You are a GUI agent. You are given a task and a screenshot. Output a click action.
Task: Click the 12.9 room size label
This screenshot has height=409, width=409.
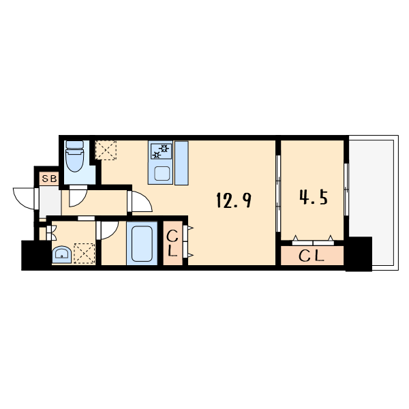[x=234, y=200]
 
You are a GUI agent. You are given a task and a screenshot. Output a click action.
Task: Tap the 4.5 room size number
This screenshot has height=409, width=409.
[x=314, y=197]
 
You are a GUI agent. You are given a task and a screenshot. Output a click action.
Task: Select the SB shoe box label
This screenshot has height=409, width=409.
[x=49, y=179]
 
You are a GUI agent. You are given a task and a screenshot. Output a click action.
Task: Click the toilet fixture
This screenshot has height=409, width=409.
[x=74, y=156]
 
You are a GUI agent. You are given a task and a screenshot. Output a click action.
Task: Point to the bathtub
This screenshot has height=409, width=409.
[x=142, y=243]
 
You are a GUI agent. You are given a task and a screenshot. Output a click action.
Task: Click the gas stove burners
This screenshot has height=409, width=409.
[x=161, y=151]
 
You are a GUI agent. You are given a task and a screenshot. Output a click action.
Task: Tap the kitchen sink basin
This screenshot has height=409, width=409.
[x=162, y=173]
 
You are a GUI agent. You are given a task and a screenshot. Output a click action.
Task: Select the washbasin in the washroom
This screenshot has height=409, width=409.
[x=61, y=254]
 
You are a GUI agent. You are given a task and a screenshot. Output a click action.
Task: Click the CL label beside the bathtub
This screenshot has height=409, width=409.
[x=172, y=243]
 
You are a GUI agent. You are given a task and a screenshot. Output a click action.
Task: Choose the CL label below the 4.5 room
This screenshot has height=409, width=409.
[x=312, y=256]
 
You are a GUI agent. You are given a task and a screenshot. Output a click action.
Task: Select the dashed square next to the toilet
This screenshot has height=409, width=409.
[x=106, y=150]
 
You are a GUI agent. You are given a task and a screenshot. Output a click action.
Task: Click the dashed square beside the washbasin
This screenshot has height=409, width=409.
[x=85, y=254]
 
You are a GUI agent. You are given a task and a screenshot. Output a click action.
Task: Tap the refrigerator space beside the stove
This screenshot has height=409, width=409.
[x=181, y=164]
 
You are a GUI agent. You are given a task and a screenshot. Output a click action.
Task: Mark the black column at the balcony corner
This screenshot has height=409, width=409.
[x=359, y=254]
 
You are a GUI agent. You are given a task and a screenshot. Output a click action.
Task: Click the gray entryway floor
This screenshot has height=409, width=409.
[x=50, y=202]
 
